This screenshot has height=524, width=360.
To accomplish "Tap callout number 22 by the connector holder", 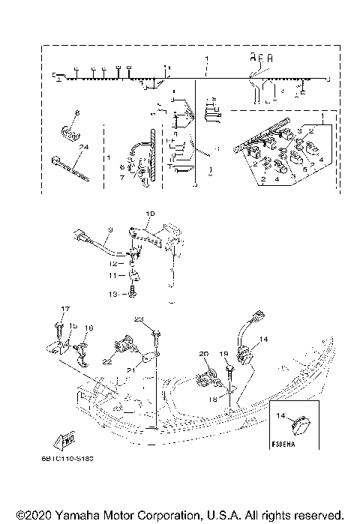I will point(108,361).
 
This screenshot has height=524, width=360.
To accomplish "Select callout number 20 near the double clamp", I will point(203,353).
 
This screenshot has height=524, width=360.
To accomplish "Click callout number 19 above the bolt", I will point(223,353).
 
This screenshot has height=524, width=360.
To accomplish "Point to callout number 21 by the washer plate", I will point(128,370).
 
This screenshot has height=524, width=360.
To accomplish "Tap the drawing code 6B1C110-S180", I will point(78,457).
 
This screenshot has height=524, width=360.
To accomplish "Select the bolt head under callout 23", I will point(152,330).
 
